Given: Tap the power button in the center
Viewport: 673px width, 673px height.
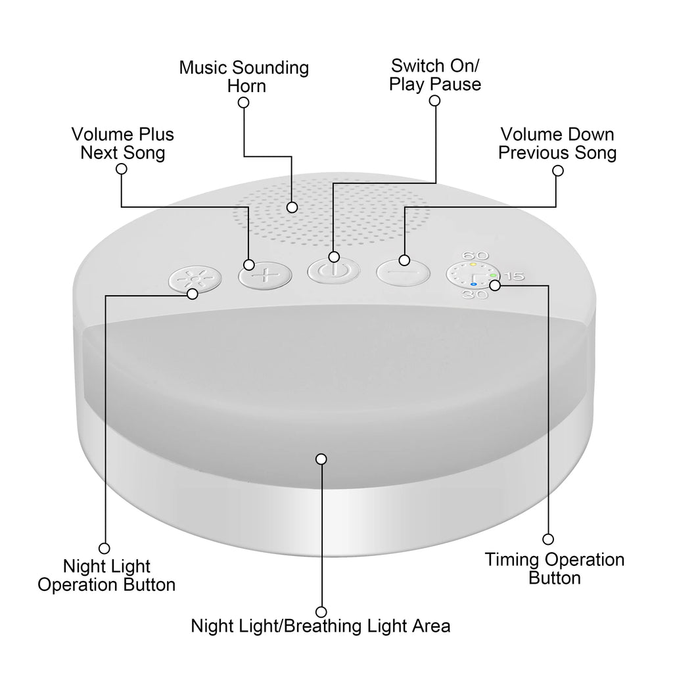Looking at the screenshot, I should [334, 271].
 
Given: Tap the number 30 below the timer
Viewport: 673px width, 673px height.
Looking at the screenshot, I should [471, 296].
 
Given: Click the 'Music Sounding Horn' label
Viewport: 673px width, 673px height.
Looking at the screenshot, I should [244, 76].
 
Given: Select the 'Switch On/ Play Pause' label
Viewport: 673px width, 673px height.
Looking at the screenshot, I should [435, 75].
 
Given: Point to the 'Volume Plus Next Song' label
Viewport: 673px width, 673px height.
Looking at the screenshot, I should [122, 143].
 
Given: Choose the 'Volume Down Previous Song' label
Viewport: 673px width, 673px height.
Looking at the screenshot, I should [557, 143].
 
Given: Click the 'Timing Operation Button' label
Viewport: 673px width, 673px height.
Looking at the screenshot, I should [554, 569].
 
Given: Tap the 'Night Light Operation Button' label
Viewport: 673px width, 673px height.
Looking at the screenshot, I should [106, 575].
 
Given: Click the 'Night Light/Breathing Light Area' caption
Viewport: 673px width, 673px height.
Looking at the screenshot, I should [321, 626].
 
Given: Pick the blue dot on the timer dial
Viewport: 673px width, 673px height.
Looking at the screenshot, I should [473, 285].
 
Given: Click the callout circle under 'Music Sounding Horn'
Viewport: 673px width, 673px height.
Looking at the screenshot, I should [243, 103].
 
